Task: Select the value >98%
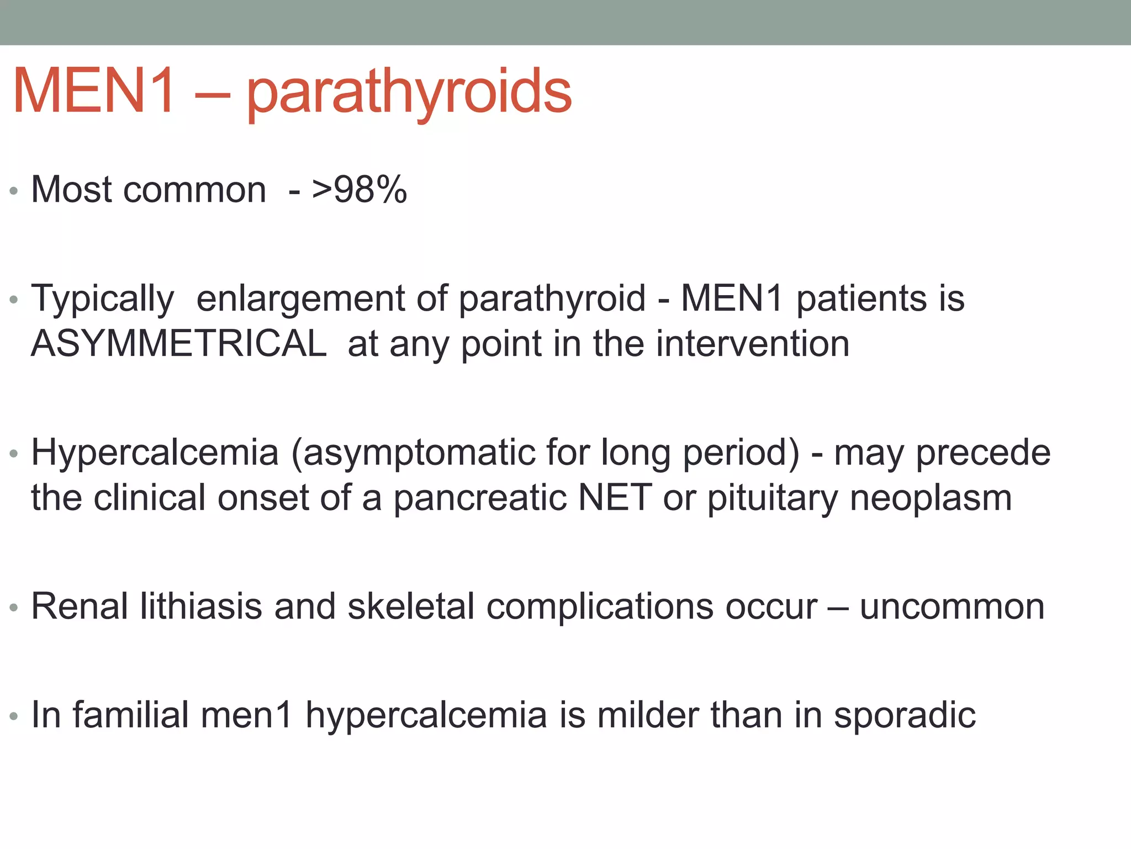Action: click(x=360, y=190)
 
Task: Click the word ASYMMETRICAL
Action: click(x=179, y=344)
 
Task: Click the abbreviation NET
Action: click(x=615, y=497)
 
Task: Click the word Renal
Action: click(x=80, y=606)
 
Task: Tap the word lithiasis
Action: click(x=201, y=606)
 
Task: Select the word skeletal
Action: click(x=411, y=606)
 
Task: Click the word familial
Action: click(x=131, y=715)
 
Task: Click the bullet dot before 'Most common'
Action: click(x=14, y=191)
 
